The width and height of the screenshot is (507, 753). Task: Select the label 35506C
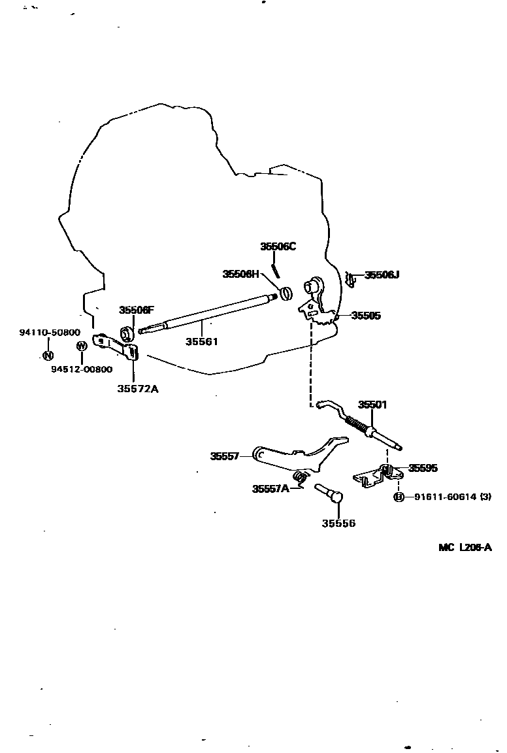(x=278, y=246)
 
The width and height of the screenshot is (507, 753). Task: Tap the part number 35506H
(x=240, y=274)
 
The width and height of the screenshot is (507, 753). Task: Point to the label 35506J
(x=382, y=275)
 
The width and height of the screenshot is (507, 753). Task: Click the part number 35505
(x=366, y=316)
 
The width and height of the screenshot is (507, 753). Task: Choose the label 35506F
(x=137, y=310)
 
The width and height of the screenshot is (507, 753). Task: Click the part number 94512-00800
(x=82, y=369)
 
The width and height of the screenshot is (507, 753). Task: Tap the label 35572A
(x=138, y=389)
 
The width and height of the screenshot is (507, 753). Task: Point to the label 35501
(x=372, y=405)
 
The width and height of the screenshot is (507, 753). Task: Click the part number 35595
(x=423, y=468)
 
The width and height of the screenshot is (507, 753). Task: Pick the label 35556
(x=338, y=523)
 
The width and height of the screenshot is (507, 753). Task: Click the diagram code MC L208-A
(x=465, y=548)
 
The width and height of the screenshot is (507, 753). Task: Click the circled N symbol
(x=48, y=356)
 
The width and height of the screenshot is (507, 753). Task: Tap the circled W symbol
(x=82, y=346)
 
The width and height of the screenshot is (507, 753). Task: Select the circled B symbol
(x=399, y=497)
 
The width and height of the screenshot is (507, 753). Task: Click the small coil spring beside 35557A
(x=300, y=478)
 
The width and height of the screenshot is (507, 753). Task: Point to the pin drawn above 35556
(x=329, y=492)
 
